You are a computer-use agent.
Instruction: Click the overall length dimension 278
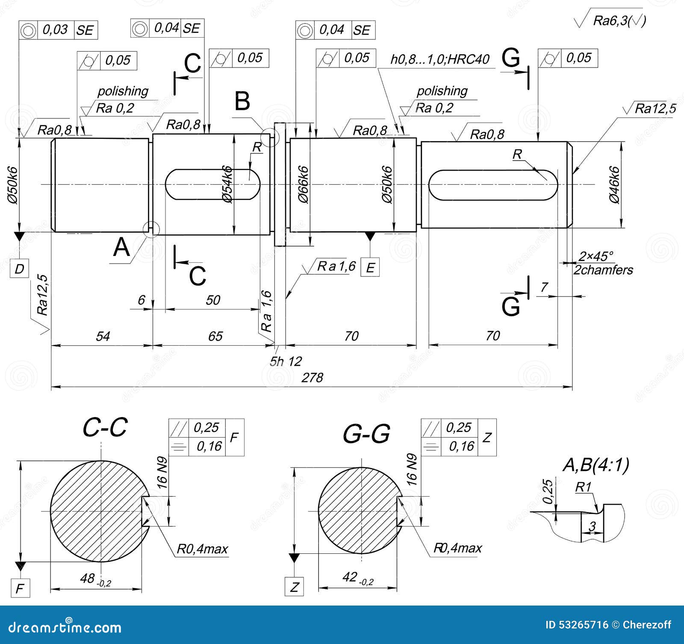coord(312,378)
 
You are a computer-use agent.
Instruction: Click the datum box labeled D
coord(19,269)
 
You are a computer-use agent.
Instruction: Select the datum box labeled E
coord(370,268)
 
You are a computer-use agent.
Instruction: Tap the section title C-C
coord(105,427)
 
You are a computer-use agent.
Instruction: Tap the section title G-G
coord(366,434)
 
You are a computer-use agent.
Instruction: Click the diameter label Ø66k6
coord(303,184)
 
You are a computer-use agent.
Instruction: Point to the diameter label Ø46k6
coord(614,185)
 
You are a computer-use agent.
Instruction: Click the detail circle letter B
coord(242,102)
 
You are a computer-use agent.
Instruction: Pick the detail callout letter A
coord(121,247)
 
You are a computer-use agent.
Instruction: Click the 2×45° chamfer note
coord(596,256)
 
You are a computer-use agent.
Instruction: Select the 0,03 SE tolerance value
coord(55,29)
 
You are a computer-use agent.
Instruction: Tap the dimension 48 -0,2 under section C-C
coord(95,579)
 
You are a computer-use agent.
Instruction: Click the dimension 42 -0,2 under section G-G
coord(357,578)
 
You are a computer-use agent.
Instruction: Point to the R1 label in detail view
coord(583,487)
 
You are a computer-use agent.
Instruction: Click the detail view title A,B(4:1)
coord(596,465)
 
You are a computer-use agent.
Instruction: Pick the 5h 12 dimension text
coord(286,361)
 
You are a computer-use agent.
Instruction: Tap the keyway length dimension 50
coord(212,300)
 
